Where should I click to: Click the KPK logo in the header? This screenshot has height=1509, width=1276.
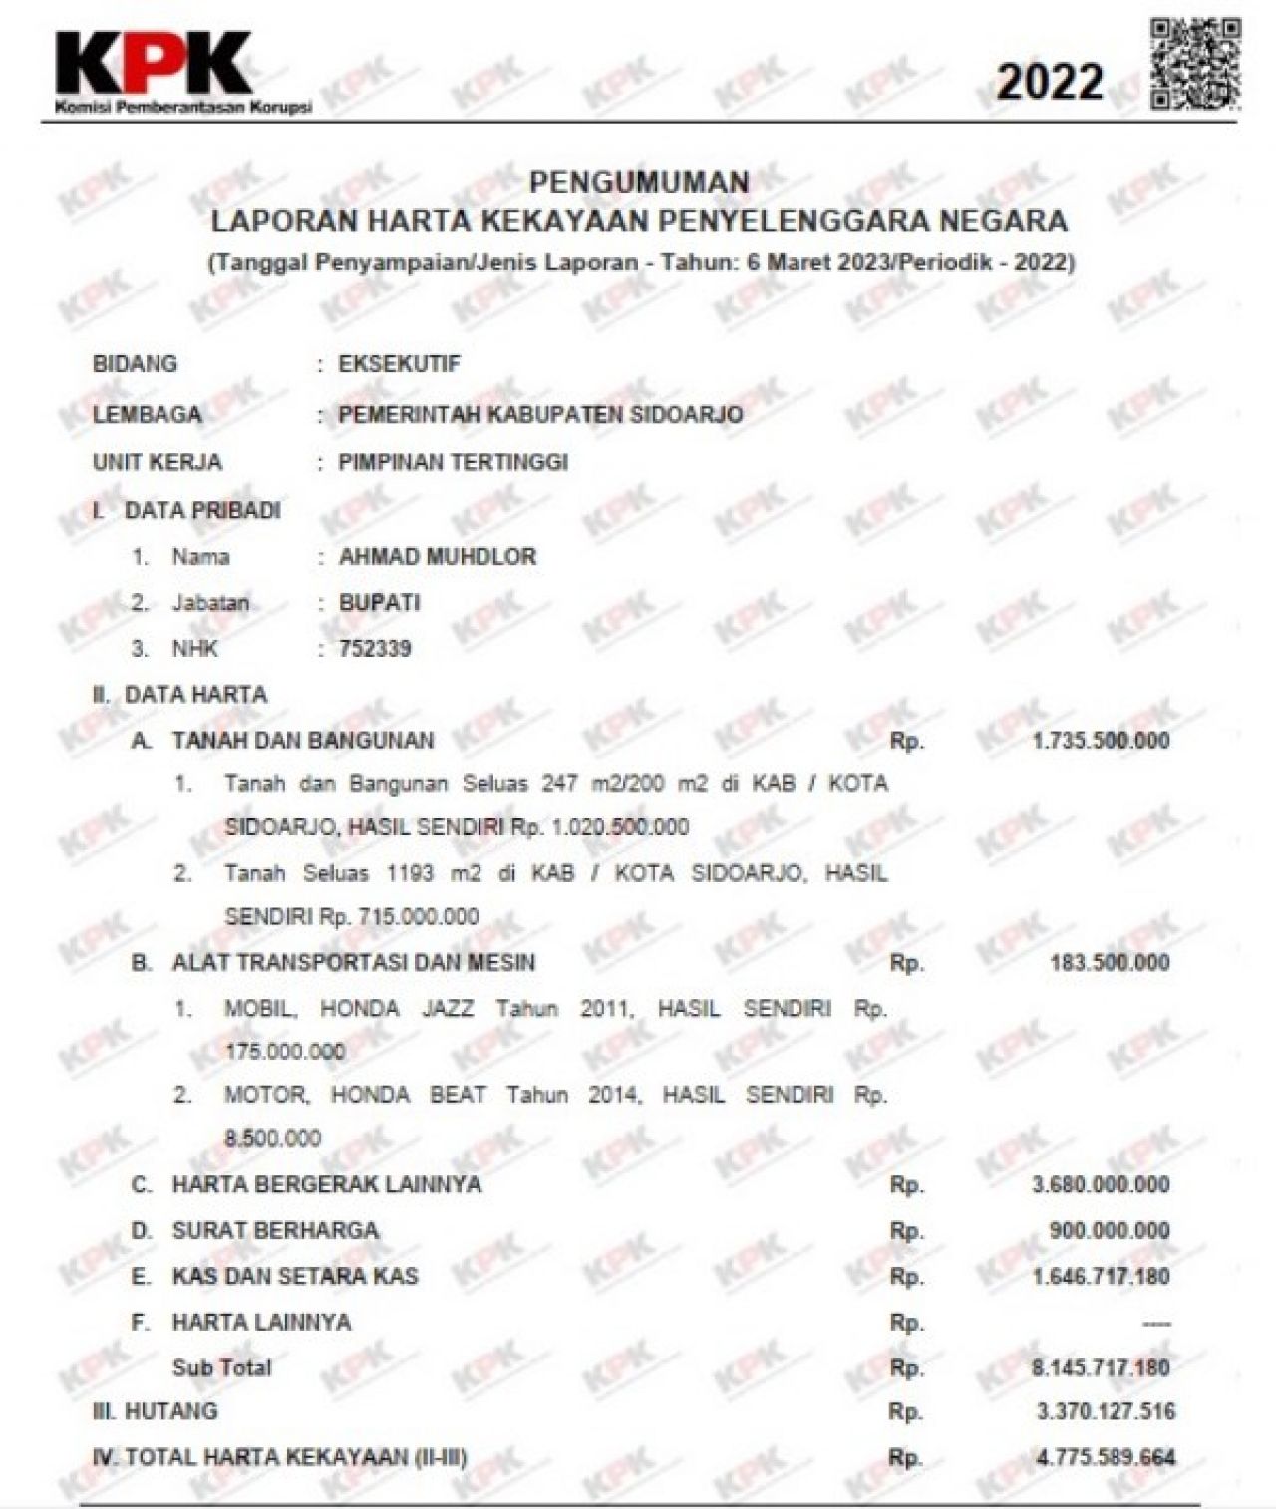tap(155, 70)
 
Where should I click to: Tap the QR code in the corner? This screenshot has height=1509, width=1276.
tap(1195, 63)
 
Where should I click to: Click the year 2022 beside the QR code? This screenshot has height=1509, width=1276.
tap(1050, 82)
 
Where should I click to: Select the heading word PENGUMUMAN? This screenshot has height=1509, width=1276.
tap(639, 182)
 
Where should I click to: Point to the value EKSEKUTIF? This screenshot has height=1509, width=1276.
tap(400, 364)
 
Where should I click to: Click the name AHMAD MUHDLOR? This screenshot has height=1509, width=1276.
tap(438, 557)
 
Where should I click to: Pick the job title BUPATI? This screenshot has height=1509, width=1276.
tap(379, 603)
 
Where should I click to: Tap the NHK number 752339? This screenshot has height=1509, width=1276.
tap(375, 649)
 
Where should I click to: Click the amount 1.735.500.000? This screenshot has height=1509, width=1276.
tap(1101, 741)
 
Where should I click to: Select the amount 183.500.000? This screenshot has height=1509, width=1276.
tap(1110, 963)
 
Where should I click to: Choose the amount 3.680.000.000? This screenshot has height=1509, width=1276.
tap(1101, 1185)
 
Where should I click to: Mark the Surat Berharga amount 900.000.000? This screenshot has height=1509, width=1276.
tap(1110, 1231)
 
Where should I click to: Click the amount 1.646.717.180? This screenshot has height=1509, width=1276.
tap(1101, 1277)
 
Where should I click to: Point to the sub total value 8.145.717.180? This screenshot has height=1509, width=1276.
tap(1101, 1367)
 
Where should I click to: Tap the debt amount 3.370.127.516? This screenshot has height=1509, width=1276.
tap(1106, 1412)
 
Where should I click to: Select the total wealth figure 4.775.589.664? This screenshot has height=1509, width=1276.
tap(1106, 1458)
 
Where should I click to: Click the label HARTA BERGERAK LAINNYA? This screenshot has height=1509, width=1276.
tap(326, 1185)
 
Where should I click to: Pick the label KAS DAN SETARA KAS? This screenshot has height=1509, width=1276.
tap(295, 1277)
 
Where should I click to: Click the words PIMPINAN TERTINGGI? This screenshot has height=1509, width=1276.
tap(453, 463)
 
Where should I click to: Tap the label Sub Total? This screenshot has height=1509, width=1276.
tap(221, 1367)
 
